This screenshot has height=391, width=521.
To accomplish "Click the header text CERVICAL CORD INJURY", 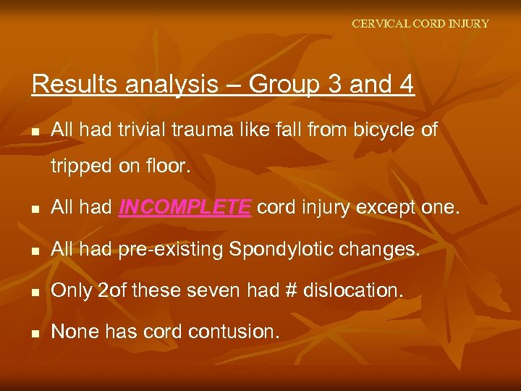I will point(420,24).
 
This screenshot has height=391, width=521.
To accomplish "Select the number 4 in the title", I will point(405,85).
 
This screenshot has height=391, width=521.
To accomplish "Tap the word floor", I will point(166,166).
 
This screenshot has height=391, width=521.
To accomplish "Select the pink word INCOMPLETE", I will point(185,209).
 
